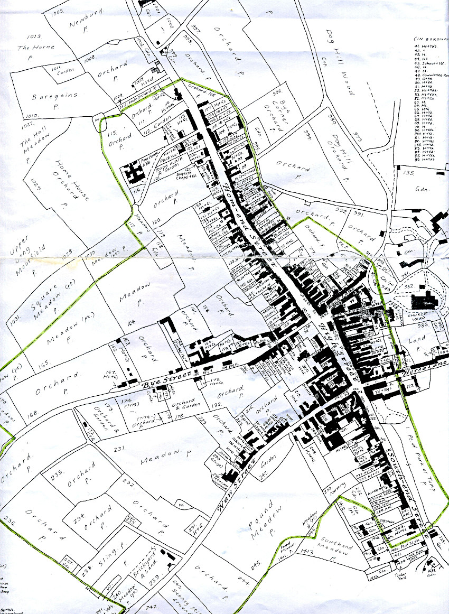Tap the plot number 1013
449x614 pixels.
pos(36,37)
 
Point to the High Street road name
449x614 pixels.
pos(335,349)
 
